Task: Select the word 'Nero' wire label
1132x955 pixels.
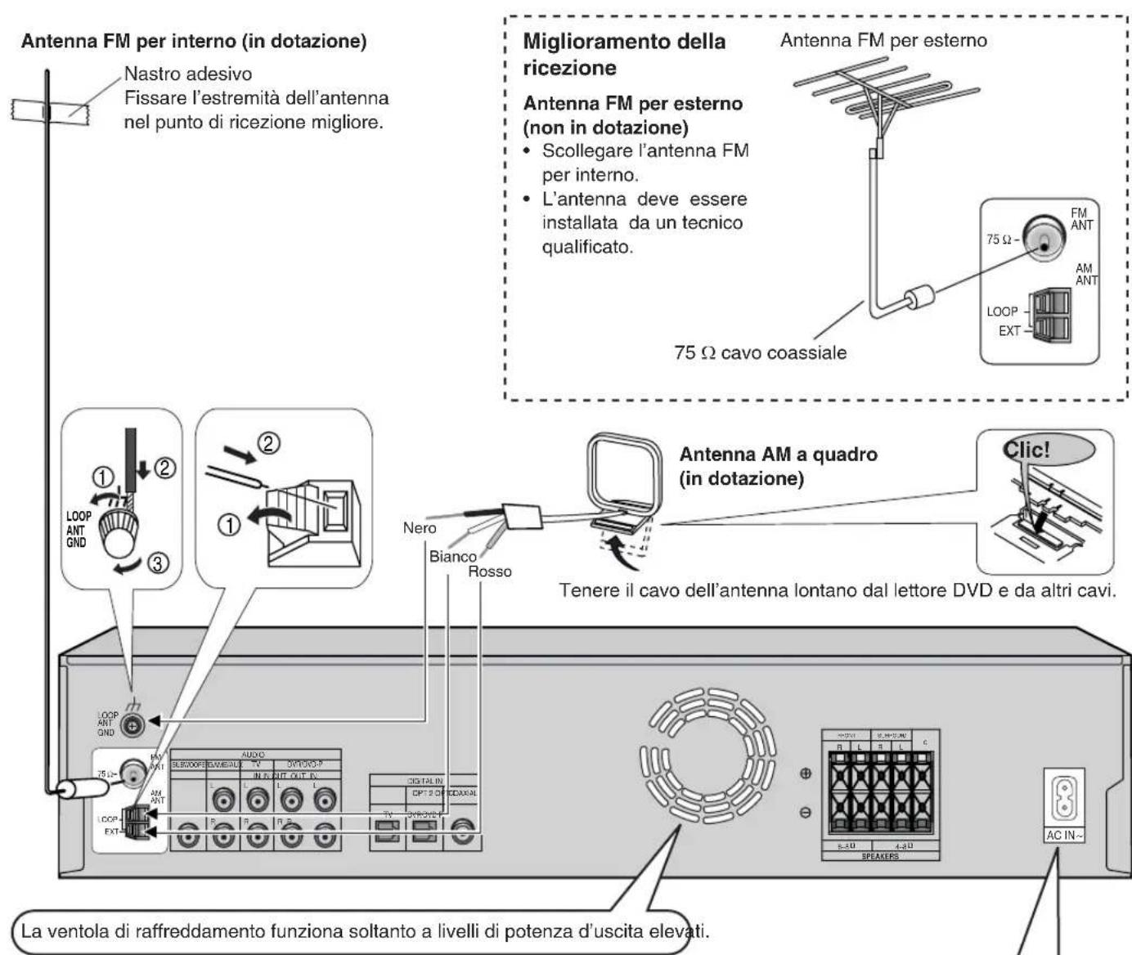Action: click(x=420, y=528)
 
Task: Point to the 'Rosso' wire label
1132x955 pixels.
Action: click(x=489, y=572)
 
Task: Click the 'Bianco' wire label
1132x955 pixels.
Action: click(x=452, y=557)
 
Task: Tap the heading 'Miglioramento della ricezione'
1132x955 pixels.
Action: click(x=623, y=54)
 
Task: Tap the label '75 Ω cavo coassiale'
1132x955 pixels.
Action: click(x=760, y=352)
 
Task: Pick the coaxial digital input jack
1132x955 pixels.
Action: click(x=462, y=832)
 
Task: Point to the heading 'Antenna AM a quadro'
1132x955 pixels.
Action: click(x=778, y=455)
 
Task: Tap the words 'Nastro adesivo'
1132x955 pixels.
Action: click(x=188, y=74)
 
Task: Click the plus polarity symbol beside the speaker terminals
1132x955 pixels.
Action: click(x=805, y=773)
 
